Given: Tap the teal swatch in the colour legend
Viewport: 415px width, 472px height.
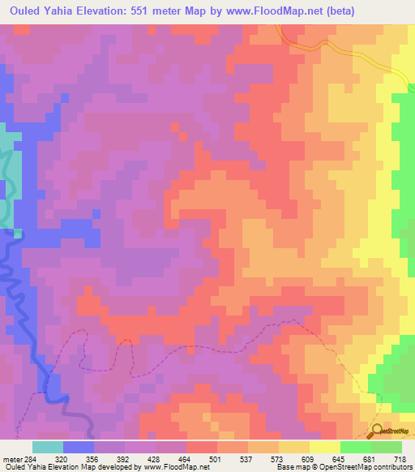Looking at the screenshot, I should [48, 448].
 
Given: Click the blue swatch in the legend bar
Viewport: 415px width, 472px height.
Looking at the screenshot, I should [79, 448].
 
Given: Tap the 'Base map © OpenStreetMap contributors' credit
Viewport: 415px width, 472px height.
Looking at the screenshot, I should [343, 466].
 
